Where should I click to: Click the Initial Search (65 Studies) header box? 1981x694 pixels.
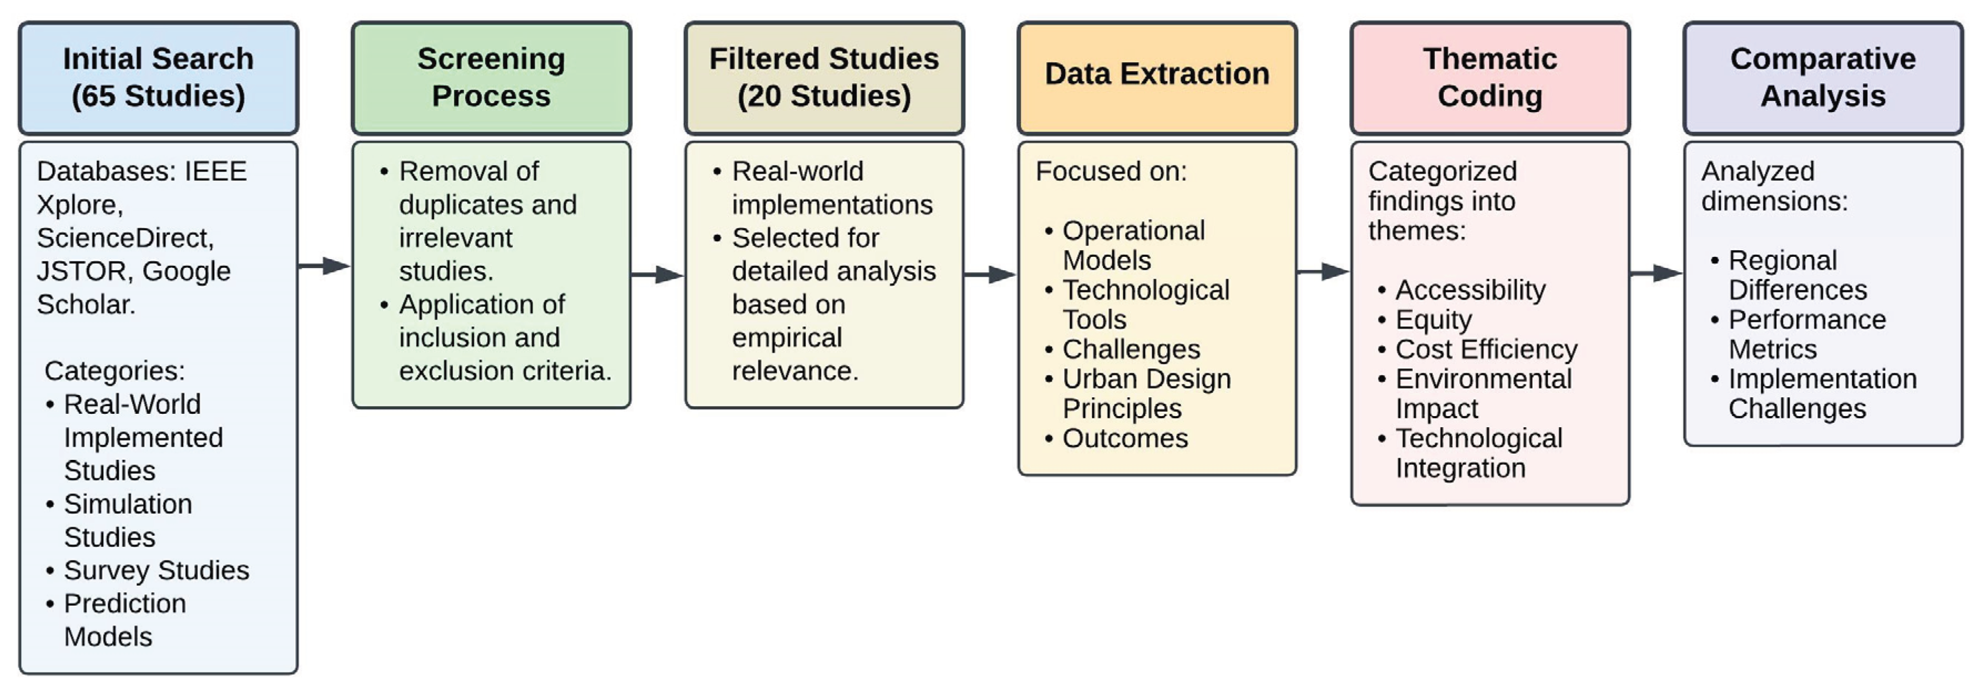pos(159,78)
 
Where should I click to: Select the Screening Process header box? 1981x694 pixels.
pos(492,78)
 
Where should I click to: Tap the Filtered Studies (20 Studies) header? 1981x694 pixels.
pos(824,78)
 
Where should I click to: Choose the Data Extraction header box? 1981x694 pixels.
pos(1157,78)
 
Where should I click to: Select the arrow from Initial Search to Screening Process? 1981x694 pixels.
pos(325,266)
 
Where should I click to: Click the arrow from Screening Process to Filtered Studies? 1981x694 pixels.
pos(657,275)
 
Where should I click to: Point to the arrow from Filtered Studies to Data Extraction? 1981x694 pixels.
pos(991,275)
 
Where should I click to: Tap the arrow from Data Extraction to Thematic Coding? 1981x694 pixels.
pos(1324,272)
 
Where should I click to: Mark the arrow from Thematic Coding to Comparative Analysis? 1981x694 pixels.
pos(1656,273)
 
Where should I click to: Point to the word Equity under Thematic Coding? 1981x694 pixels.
pos(1433,320)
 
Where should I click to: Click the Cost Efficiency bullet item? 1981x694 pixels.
pos(1486,349)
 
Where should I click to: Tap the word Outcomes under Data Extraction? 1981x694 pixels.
pos(1125,439)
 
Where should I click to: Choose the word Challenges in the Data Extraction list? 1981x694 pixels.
pos(1131,349)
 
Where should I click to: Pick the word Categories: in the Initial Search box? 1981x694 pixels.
pos(115,371)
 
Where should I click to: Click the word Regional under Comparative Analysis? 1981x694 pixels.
pos(1782,261)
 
